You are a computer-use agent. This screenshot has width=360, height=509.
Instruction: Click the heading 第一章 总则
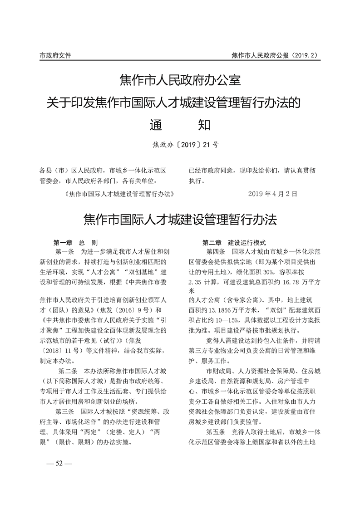(x=75, y=243)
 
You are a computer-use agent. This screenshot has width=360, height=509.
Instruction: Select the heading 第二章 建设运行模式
(x=234, y=243)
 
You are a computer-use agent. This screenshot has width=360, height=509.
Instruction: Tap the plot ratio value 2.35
(x=196, y=281)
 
